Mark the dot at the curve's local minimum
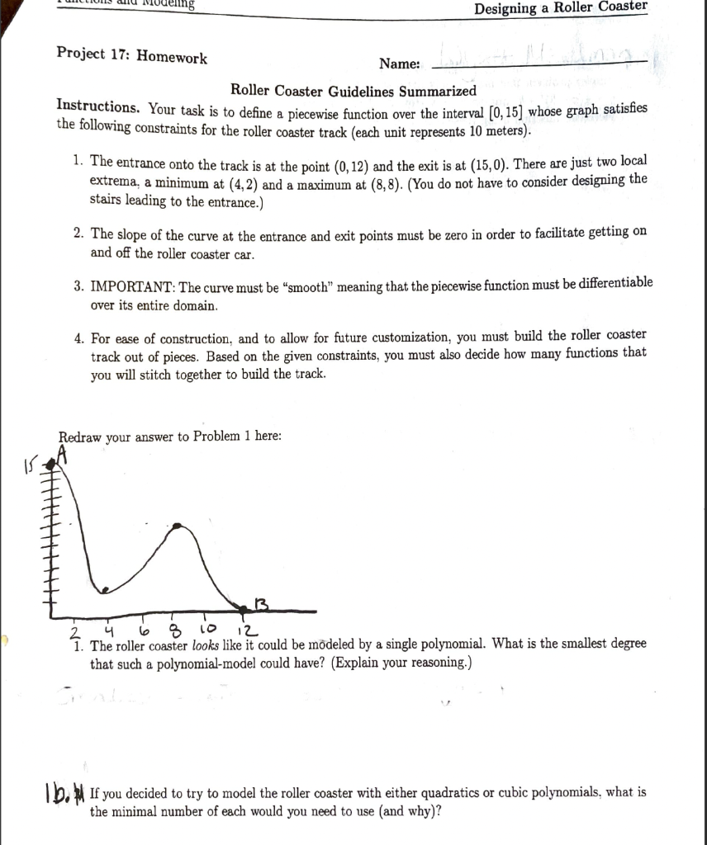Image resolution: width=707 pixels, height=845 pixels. click(x=102, y=589)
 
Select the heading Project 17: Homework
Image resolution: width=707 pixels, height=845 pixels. click(x=132, y=56)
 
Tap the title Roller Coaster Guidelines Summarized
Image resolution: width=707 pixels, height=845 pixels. click(x=353, y=90)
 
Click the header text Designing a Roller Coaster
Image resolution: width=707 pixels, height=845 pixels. click(x=562, y=7)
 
